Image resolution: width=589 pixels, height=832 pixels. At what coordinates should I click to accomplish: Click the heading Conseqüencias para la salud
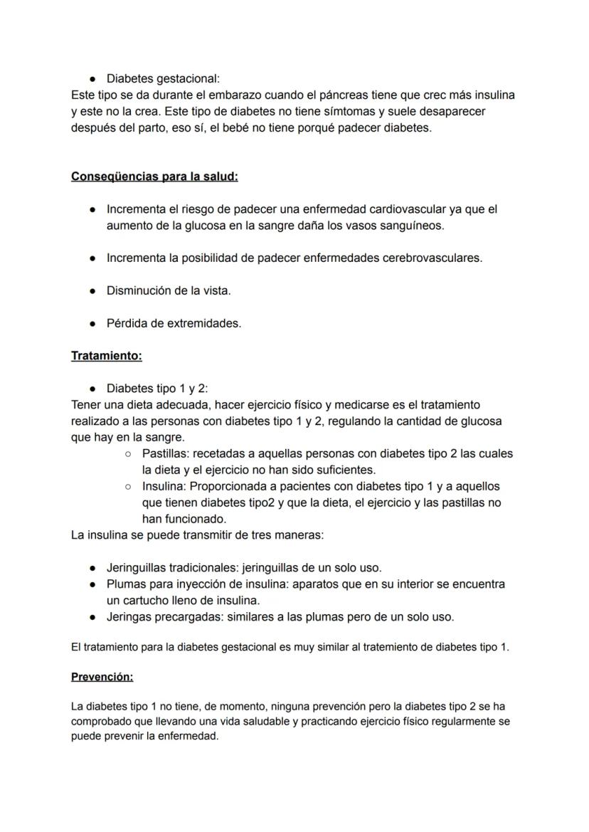pos(154,177)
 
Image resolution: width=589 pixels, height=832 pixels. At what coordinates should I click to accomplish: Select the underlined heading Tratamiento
pos(106,355)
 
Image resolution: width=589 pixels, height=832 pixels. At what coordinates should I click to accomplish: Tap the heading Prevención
pos(102,677)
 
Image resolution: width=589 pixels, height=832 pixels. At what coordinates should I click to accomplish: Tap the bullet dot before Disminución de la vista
pos(92,291)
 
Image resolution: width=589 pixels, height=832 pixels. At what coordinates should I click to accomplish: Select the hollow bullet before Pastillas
pos(128,453)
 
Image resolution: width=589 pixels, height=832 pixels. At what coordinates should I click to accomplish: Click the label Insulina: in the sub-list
pos(164,486)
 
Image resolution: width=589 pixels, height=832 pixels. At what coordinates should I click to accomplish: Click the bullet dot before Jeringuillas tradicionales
pos(92,568)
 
